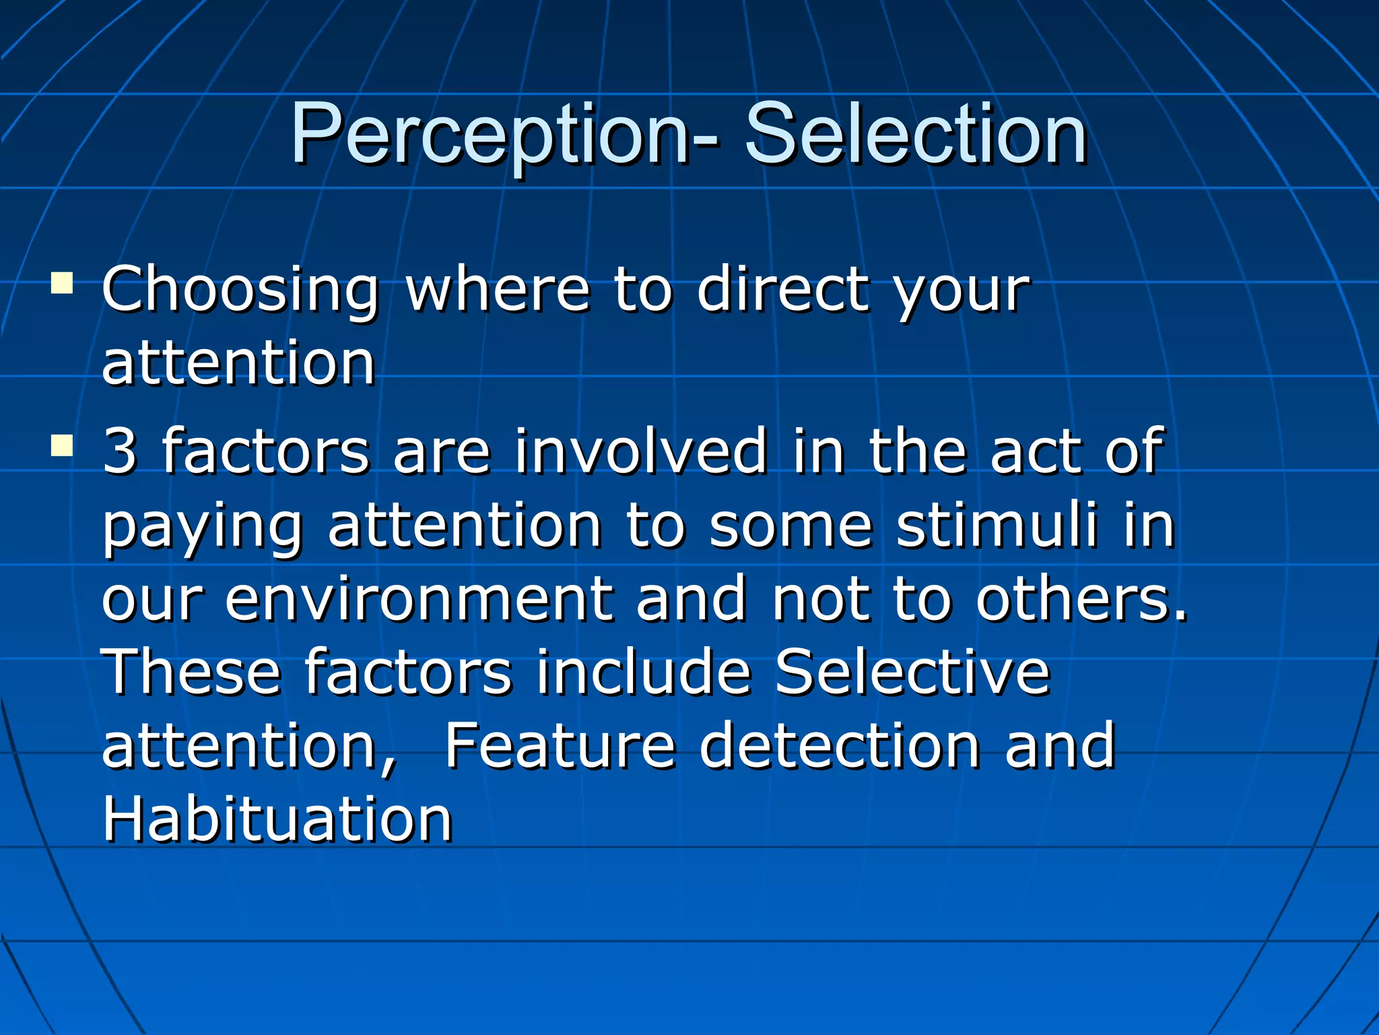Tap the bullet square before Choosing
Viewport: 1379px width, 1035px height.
click(x=61, y=283)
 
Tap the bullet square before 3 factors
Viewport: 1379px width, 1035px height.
click(x=61, y=445)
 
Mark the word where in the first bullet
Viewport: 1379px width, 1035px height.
click(x=498, y=290)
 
